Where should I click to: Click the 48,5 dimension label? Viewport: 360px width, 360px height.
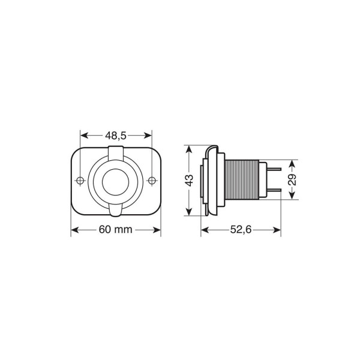(x=116, y=136)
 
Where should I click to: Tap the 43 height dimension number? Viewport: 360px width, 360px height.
(x=188, y=180)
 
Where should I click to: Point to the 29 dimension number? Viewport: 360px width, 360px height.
(x=292, y=179)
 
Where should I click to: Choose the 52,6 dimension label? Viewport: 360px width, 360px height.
(x=242, y=230)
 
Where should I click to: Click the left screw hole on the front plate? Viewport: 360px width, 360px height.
(x=80, y=179)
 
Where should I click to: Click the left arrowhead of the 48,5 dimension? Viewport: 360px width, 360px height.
(x=83, y=136)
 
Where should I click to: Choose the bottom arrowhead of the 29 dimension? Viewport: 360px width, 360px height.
(x=292, y=197)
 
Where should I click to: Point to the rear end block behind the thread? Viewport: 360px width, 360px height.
(x=262, y=180)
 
